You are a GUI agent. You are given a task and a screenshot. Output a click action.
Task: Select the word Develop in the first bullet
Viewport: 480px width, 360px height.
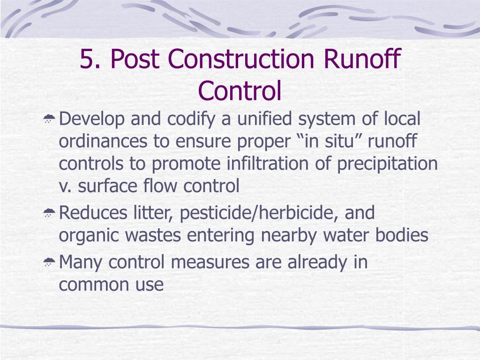[92, 119]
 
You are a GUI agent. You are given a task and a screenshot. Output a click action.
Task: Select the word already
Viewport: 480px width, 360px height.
[314, 262]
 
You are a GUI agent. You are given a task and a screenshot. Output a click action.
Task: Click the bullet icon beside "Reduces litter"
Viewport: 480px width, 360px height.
[49, 214]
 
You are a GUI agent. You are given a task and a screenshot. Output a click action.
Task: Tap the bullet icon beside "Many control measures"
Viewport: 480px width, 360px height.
[49, 263]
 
